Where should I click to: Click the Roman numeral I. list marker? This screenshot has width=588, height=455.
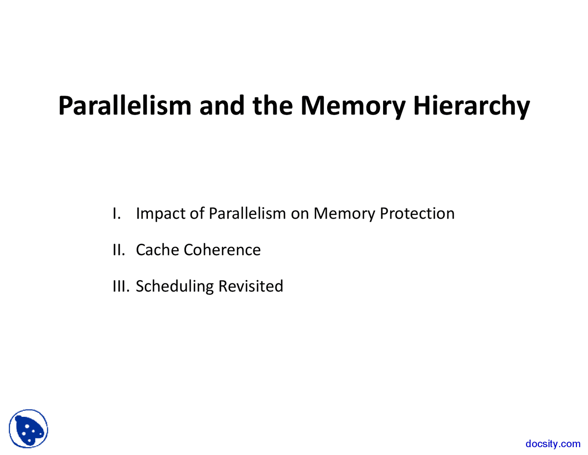click(x=117, y=213)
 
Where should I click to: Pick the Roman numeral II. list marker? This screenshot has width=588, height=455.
click(x=119, y=250)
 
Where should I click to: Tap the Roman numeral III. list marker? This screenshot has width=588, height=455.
click(x=121, y=286)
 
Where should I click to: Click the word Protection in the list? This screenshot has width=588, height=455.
click(x=417, y=213)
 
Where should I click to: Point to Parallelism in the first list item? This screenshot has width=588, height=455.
click(x=247, y=213)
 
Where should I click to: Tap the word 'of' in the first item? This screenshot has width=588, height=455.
click(x=197, y=213)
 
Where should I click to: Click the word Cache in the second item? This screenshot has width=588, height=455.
click(x=157, y=249)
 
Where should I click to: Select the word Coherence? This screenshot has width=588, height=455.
click(x=222, y=249)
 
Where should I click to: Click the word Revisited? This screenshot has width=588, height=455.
click(x=250, y=286)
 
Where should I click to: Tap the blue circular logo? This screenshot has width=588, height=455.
click(x=28, y=429)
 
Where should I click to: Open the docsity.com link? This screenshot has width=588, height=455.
click(x=553, y=444)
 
